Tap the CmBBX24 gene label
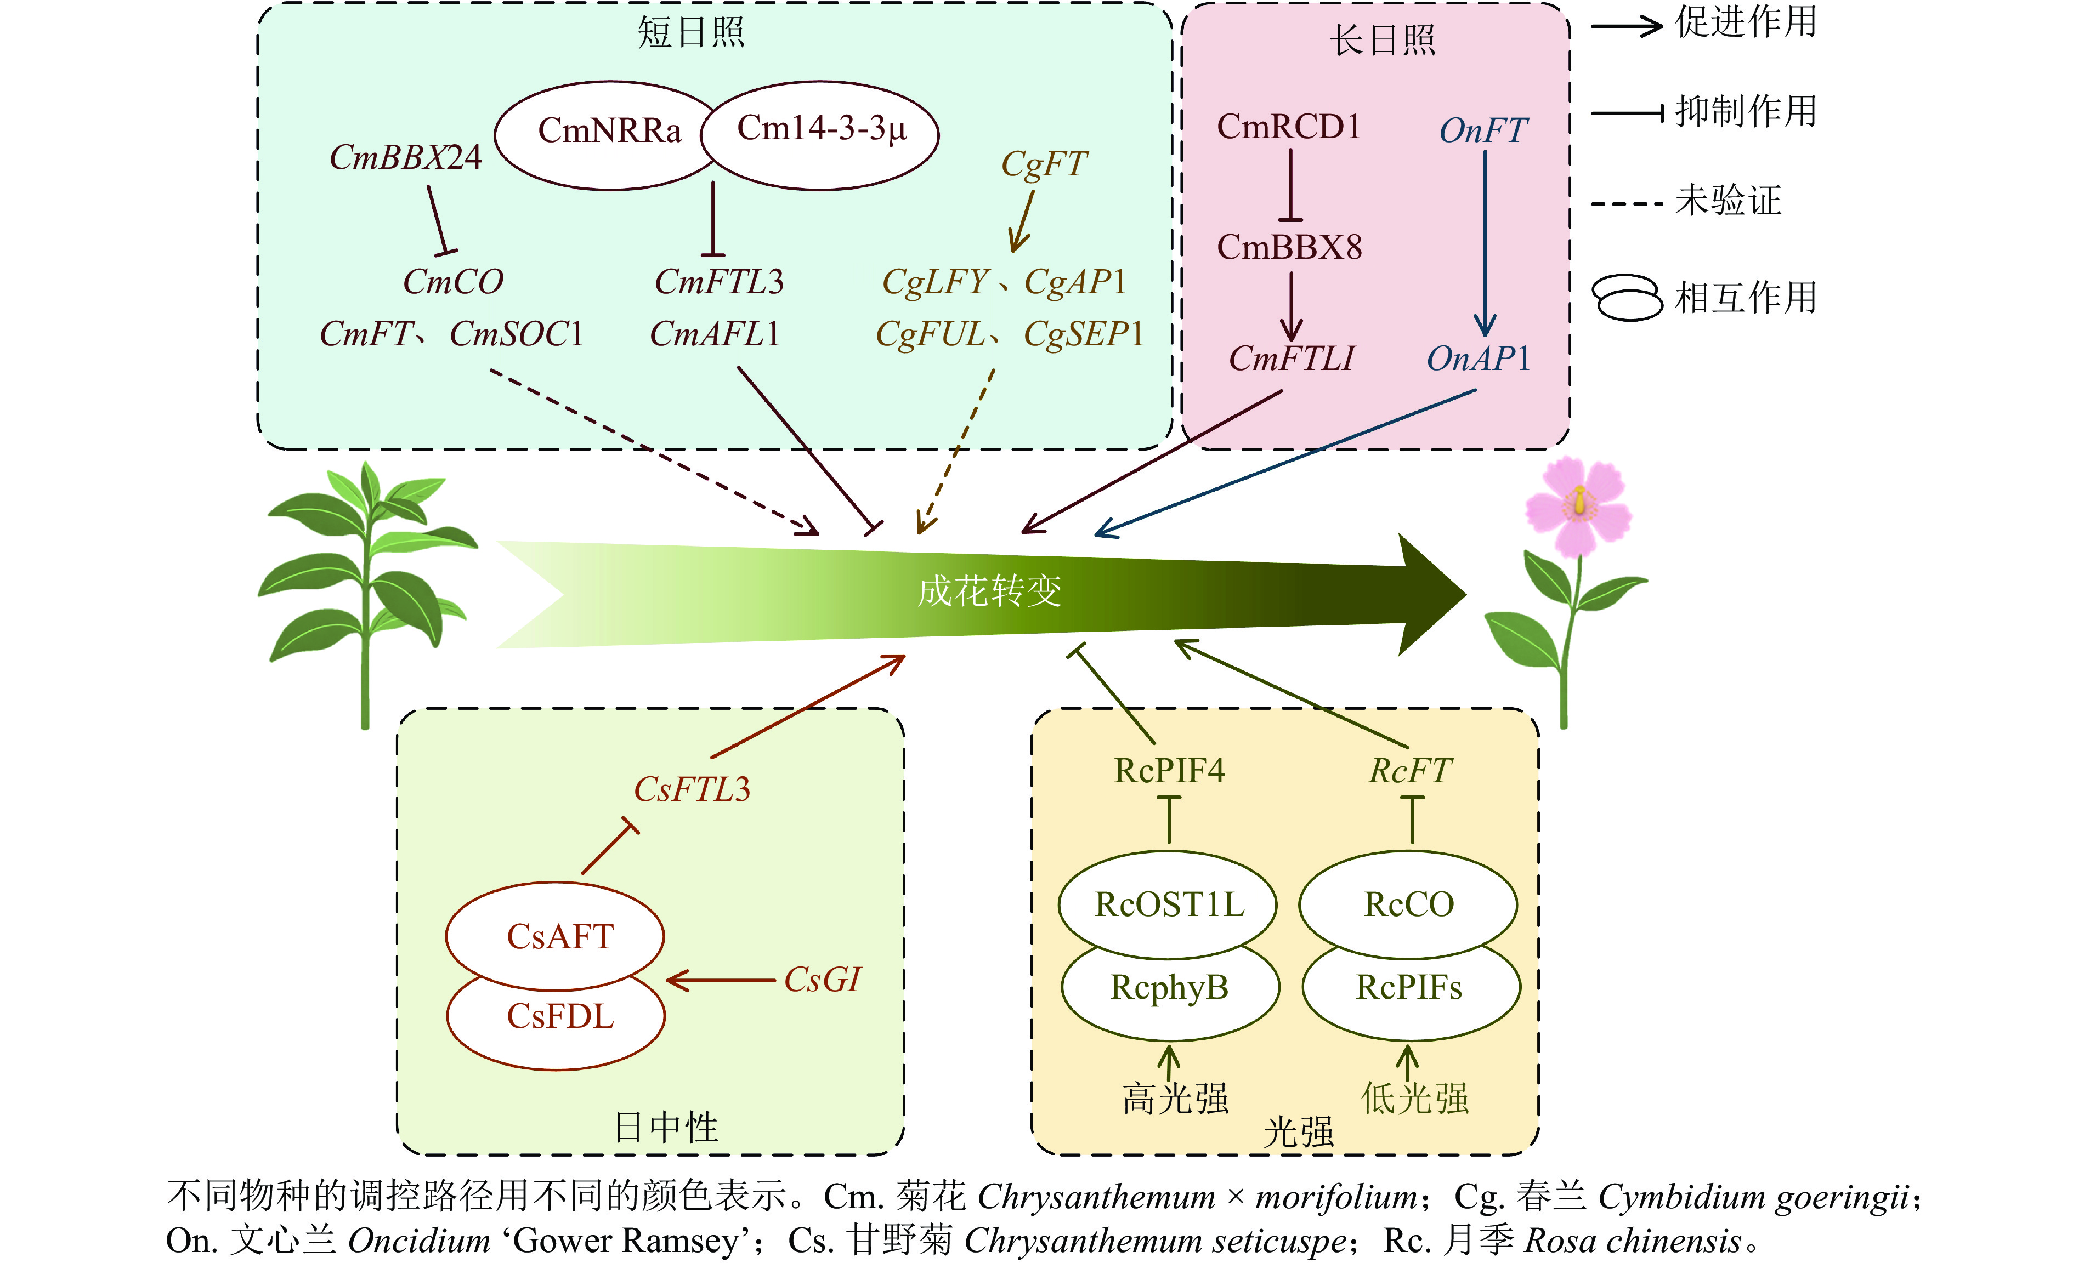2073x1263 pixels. pos(405,158)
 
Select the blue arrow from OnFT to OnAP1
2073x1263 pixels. pos(1485,244)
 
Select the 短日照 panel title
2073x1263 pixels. pos(690,33)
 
